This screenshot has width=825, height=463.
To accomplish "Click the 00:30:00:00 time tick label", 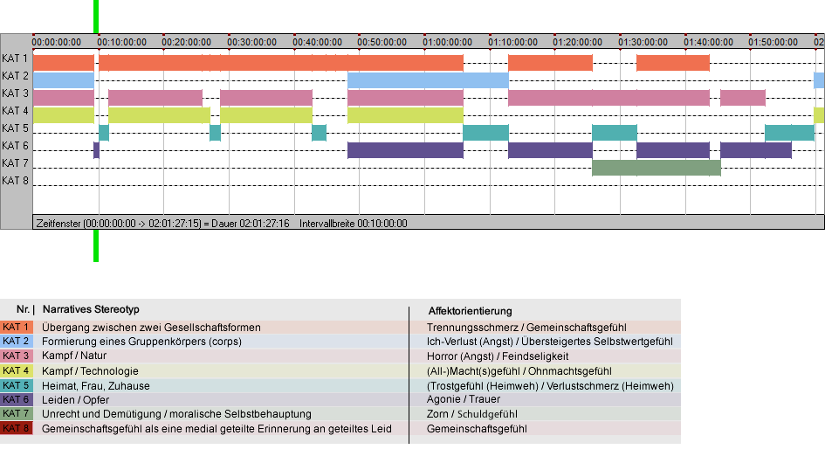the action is tap(251, 42).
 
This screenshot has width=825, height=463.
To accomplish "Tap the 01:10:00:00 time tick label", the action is tap(512, 42).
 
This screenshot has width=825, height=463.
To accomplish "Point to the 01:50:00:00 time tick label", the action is tap(773, 42).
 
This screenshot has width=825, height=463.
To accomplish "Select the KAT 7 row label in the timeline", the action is tap(15, 163).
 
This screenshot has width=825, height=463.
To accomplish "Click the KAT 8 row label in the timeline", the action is tap(15, 181).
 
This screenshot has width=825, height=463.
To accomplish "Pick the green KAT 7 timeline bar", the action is tap(657, 168).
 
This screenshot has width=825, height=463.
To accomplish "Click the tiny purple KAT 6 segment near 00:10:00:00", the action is tap(96, 150).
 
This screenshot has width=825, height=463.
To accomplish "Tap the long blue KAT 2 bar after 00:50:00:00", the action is tap(428, 80).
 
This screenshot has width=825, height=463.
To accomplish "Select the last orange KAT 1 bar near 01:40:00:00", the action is tap(673, 63).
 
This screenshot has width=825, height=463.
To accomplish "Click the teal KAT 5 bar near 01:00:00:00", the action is tap(485, 133).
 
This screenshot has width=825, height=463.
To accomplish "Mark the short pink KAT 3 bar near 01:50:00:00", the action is tap(743, 98).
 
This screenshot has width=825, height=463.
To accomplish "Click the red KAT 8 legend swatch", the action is tap(17, 428).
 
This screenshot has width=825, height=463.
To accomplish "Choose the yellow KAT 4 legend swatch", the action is tap(17, 370).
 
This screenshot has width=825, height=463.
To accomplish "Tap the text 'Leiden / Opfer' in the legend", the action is tap(76, 400).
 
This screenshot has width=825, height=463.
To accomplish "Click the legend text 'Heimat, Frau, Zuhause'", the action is tap(96, 385).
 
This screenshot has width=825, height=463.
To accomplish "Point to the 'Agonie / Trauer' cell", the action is tap(464, 399).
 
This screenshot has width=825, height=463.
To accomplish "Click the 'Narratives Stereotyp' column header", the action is tap(91, 309).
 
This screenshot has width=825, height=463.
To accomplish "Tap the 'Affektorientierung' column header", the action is tap(470, 311).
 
